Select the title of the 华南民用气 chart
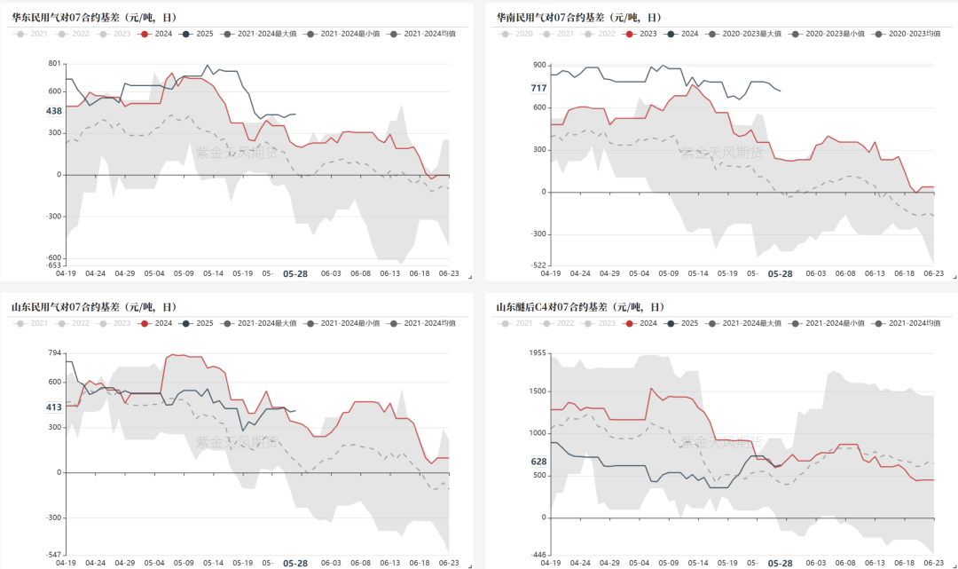click(x=578, y=18)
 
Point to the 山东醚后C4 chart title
click(x=578, y=307)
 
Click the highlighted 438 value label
click(x=53, y=111)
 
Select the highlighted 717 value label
click(x=538, y=88)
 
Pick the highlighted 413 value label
click(x=53, y=407)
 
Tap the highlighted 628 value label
click(x=538, y=462)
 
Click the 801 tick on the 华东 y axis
click(x=54, y=64)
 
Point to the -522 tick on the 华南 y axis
click(x=538, y=265)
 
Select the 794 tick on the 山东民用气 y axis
click(x=54, y=353)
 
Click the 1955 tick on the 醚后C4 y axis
click(x=538, y=353)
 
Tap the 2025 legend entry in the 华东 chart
click(x=197, y=34)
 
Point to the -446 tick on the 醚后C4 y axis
click(x=538, y=555)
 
